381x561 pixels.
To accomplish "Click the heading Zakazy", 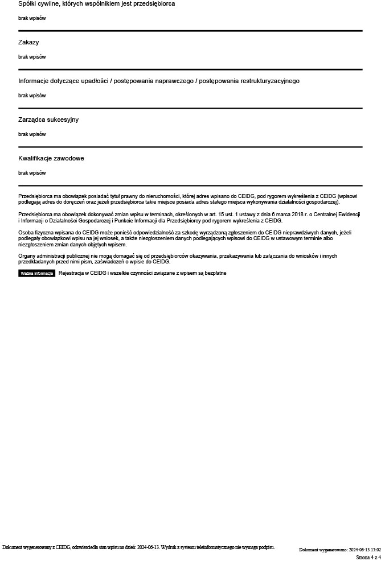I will (x=28, y=42).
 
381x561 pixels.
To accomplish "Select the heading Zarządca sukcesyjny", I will (x=48, y=119).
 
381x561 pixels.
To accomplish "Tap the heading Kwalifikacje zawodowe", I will (x=51, y=158).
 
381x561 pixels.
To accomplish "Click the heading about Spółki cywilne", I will (x=96, y=3).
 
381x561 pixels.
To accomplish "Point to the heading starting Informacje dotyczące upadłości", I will (x=158, y=81).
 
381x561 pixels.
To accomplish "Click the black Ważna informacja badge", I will (x=36, y=273).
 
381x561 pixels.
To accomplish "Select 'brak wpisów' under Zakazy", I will (x=32, y=57).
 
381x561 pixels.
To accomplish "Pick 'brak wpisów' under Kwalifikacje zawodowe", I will (x=32, y=173).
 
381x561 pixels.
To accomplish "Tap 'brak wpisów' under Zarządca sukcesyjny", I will (x=32, y=134).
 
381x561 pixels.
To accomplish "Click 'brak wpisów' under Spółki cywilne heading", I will (x=32, y=18).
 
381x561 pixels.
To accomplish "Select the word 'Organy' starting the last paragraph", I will (x=27, y=256).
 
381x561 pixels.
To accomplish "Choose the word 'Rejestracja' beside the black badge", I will (x=71, y=273).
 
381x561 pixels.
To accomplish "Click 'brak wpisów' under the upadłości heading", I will (x=32, y=96).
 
